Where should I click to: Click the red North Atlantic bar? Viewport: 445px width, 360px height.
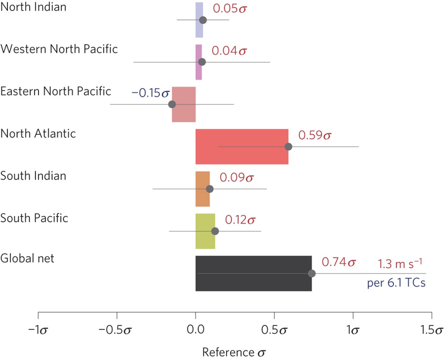(242, 147)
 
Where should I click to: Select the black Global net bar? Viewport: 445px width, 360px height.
(253, 274)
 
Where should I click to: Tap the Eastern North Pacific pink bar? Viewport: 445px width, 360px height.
(184, 104)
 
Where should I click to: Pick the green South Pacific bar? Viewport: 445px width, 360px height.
(205, 231)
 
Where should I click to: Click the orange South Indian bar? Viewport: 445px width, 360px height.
(203, 189)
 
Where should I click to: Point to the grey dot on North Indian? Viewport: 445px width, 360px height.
(203, 20)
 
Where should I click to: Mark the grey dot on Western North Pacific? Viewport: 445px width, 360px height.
(202, 62)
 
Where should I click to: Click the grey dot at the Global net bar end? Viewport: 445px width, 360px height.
(312, 274)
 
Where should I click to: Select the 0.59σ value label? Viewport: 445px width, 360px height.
(315, 136)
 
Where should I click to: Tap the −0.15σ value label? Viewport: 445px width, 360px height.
(150, 93)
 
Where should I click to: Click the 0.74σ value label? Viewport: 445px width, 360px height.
(339, 262)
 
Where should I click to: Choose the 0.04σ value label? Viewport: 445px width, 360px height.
(229, 51)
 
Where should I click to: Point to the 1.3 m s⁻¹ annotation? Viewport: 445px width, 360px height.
(400, 264)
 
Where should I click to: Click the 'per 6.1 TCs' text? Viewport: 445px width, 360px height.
(396, 283)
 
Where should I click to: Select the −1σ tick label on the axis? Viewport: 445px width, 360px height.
(38, 330)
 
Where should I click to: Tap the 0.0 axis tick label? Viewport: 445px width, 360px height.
(195, 330)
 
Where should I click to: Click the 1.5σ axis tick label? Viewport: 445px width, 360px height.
(432, 330)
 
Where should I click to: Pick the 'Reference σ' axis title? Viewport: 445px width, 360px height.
(234, 352)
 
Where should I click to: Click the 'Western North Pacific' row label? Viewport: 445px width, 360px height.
(59, 49)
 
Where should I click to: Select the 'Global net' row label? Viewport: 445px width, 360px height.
(27, 258)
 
